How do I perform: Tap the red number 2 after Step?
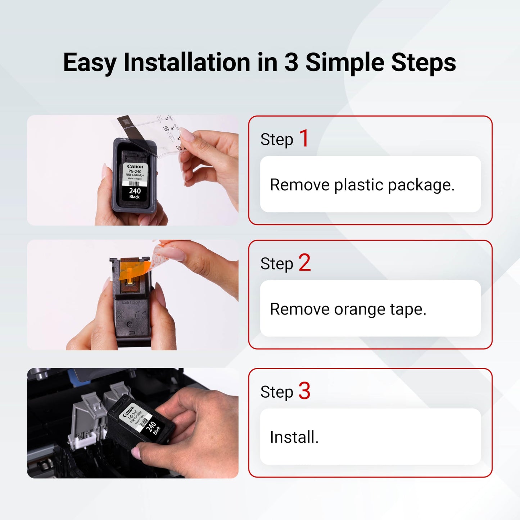point(304,263)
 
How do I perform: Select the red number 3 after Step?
point(304,391)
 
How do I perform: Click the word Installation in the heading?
point(186,63)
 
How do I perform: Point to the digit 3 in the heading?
point(291,63)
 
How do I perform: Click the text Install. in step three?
point(294,437)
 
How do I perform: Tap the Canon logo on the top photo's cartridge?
point(135,167)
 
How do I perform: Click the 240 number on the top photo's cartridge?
point(135,191)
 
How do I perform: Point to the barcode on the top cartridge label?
point(134,184)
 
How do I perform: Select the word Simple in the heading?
point(345,63)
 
